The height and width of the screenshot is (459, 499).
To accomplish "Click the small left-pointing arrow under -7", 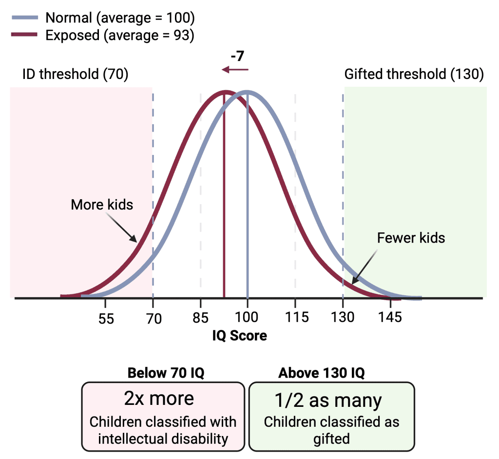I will point(235,70).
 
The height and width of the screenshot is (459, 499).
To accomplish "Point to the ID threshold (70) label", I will point(75,75).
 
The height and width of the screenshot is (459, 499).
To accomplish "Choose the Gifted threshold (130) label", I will point(414,75).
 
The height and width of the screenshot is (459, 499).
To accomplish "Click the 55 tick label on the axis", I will point(106,318).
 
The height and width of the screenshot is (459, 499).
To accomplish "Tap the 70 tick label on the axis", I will point(153,318).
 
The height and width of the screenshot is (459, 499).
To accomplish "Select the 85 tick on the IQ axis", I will point(200,318).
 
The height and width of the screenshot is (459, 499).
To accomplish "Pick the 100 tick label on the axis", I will point(248,318).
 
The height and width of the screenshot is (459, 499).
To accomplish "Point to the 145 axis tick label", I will point(390,318).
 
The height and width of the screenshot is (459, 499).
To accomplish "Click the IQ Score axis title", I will point(239,336).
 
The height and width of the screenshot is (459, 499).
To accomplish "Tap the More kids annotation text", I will point(102,204).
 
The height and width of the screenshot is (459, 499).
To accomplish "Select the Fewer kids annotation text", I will point(411,238).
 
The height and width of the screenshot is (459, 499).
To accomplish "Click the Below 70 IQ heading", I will point(166,373).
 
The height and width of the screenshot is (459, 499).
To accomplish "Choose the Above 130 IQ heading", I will point(322,373).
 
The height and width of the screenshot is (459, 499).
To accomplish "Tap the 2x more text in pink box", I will point(159,399).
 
